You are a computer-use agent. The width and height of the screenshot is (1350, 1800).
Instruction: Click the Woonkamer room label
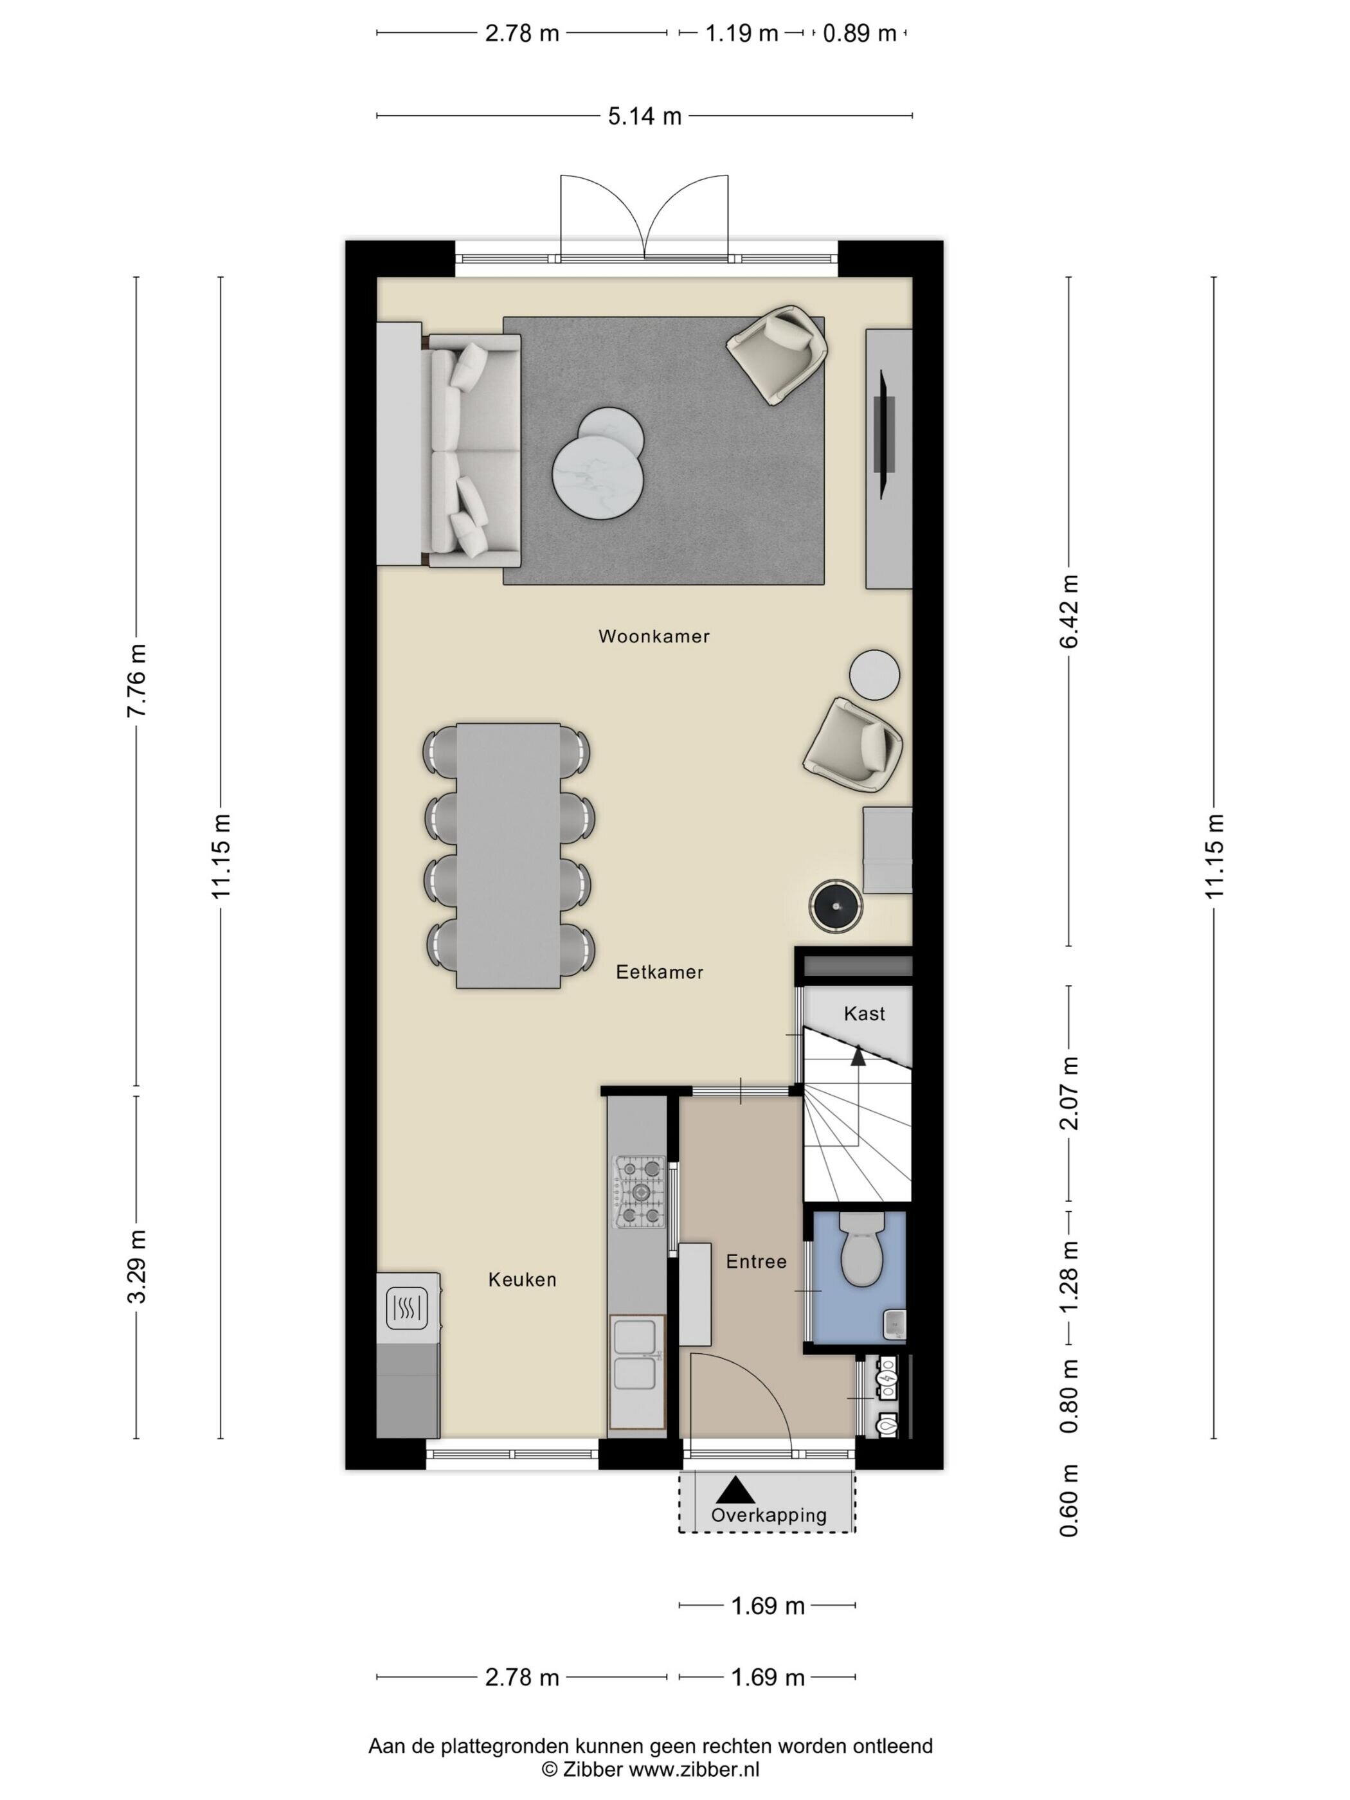[653, 636]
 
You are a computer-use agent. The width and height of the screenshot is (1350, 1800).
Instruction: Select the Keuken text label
[523, 1279]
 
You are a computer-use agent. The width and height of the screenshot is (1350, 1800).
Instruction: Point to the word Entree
[756, 1261]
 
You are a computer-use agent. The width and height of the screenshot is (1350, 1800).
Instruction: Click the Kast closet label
[864, 1013]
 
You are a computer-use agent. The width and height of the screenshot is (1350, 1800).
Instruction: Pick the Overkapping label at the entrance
[768, 1515]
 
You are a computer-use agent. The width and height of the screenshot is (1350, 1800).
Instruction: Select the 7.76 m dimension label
[138, 680]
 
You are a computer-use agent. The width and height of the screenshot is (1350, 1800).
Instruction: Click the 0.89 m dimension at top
[860, 34]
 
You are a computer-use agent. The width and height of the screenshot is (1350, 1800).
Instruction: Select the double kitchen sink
[637, 1355]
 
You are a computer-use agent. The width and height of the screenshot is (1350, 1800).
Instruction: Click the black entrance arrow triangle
[735, 1488]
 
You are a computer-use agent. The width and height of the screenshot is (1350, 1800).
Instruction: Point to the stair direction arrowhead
[858, 1056]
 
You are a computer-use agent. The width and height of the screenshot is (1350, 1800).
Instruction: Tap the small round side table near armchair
[875, 674]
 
